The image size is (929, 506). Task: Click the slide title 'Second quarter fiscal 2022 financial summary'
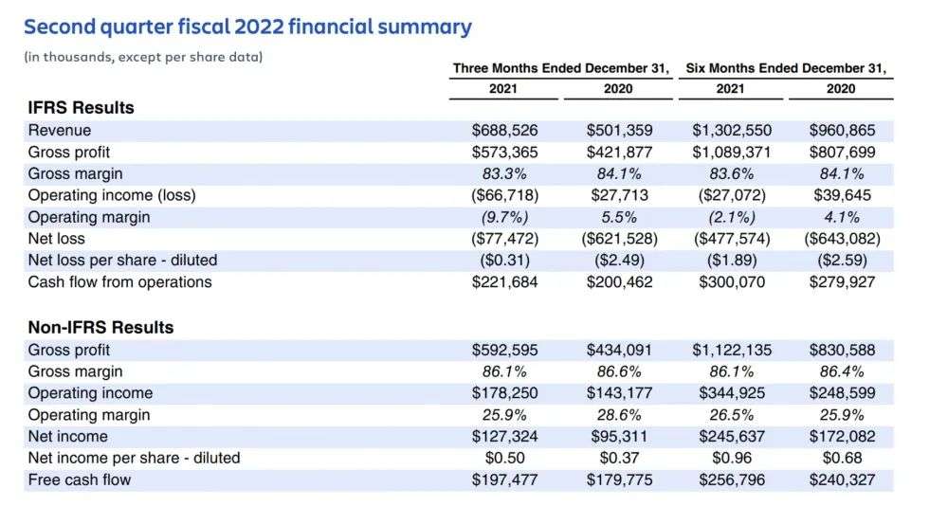point(247,27)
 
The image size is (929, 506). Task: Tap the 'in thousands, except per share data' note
point(143,57)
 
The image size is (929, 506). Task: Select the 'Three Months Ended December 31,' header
point(561,67)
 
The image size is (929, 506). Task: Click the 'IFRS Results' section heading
point(82,108)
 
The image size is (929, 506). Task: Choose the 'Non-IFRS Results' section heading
point(101,328)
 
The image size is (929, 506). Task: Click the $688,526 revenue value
point(504,131)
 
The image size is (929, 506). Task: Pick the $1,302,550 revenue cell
point(729,131)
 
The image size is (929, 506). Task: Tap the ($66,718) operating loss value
point(504,196)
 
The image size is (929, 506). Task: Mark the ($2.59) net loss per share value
point(842,262)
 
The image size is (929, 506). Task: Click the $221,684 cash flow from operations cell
point(504,282)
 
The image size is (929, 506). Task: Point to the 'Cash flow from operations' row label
point(120,282)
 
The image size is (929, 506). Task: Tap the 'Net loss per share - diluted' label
point(123,262)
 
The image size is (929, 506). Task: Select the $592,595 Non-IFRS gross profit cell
point(504,350)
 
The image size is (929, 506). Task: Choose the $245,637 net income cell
point(729,437)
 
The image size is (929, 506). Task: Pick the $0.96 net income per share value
point(729,459)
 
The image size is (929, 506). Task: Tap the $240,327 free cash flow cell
point(842,480)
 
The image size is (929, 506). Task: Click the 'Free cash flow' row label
point(80,480)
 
